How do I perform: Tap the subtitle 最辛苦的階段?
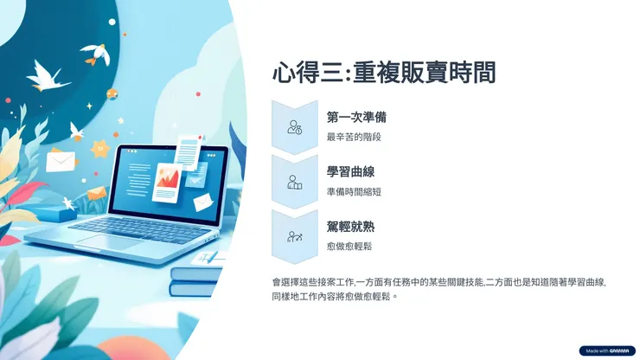pos(354,137)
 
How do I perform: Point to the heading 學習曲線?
pos(350,172)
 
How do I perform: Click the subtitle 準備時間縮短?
pos(354,191)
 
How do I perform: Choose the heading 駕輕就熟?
pos(350,227)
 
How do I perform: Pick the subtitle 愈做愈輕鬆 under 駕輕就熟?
pos(349,246)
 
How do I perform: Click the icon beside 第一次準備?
pos(294,127)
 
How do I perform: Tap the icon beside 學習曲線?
pos(294,182)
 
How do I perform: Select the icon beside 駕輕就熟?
pos(294,236)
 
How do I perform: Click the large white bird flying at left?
pos(48,76)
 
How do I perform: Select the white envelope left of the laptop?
pos(59,162)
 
